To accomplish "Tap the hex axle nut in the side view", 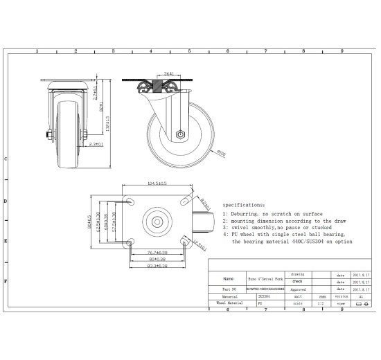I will tap(179, 135).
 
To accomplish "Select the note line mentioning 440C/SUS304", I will tap(292, 242).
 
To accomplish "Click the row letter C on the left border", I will tap(6, 159).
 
